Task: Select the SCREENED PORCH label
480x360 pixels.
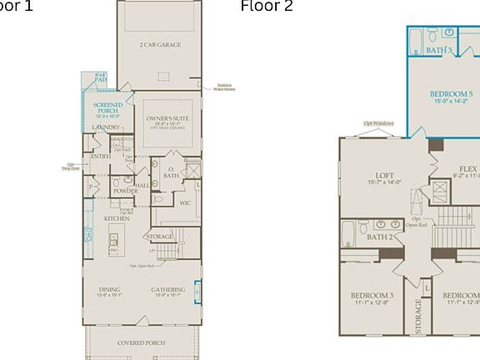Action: click(107, 109)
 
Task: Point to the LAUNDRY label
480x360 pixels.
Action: click(107, 127)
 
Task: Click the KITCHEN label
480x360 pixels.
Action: click(117, 218)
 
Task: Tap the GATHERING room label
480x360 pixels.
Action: click(168, 290)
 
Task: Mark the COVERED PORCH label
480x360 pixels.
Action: click(141, 342)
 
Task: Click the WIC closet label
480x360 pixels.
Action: click(186, 202)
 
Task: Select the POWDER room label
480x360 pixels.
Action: click(125, 191)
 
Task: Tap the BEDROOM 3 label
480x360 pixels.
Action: click(372, 296)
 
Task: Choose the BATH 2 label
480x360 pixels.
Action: click(380, 237)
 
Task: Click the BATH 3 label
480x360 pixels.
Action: click(439, 50)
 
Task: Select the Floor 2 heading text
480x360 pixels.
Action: click(267, 7)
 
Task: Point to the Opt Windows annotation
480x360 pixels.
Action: click(379, 122)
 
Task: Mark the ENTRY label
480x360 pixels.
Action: click(100, 157)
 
